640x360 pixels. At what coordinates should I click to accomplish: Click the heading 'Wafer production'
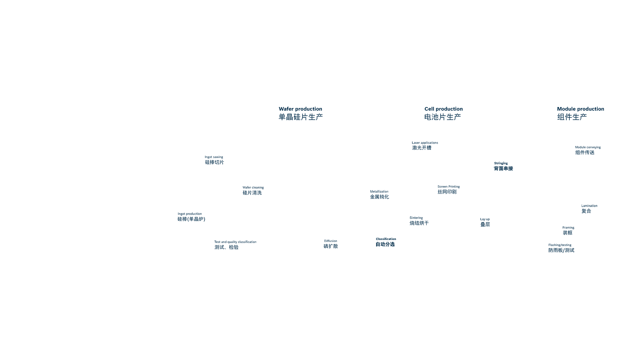click(300, 109)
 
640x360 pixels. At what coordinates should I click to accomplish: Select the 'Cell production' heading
click(443, 109)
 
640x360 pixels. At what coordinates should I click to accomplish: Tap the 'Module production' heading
click(580, 109)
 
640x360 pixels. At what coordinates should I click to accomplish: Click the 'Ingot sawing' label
click(214, 157)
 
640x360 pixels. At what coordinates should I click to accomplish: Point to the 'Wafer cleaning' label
click(253, 188)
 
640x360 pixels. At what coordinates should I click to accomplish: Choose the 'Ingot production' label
click(190, 214)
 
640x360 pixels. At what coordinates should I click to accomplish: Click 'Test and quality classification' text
click(235, 242)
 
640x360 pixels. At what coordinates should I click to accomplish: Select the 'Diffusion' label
click(330, 241)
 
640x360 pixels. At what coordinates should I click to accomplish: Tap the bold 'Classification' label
click(386, 239)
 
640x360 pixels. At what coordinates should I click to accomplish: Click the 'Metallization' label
click(379, 192)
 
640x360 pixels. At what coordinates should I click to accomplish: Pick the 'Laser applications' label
click(425, 143)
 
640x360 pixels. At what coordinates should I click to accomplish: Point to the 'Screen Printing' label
click(448, 187)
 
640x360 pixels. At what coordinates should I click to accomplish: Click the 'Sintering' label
click(416, 218)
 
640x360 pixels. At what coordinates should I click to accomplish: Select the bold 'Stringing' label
click(501, 163)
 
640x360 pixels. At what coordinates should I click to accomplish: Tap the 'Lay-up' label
click(485, 219)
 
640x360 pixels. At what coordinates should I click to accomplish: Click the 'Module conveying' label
click(588, 147)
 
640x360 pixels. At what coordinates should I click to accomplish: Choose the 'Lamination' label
click(589, 206)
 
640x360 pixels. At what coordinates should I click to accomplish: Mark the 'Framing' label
click(568, 228)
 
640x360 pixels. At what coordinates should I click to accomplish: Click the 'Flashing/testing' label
click(560, 245)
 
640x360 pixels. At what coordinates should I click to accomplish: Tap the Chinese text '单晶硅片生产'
click(301, 117)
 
